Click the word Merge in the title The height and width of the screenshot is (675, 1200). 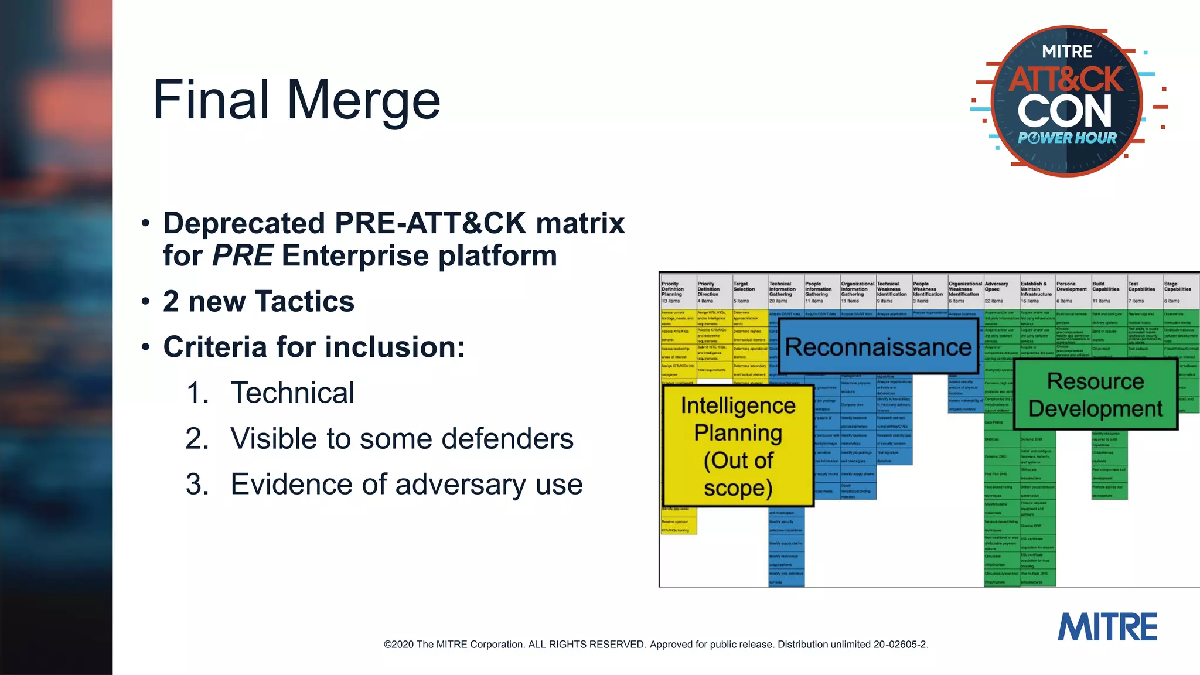pos(363,101)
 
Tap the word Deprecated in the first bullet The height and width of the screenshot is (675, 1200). pos(244,224)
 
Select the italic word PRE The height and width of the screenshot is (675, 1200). pos(243,256)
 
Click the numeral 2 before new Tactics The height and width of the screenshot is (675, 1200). pos(171,302)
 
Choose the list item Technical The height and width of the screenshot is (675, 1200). pos(292,393)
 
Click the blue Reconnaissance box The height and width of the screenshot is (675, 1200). pos(878,347)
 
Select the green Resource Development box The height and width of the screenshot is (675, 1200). pos(1095,395)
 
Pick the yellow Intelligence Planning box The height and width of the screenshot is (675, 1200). pos(738,446)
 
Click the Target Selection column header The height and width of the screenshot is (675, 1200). pos(744,289)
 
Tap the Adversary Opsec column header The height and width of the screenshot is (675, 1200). pos(996,289)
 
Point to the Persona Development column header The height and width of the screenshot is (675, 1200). pos(1072,289)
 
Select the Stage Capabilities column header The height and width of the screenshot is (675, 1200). pos(1177,289)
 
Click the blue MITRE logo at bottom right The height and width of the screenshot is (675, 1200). pos(1107,627)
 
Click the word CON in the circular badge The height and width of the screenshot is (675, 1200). pos(1064,111)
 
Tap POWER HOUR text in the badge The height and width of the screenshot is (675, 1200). pos(1067,138)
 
